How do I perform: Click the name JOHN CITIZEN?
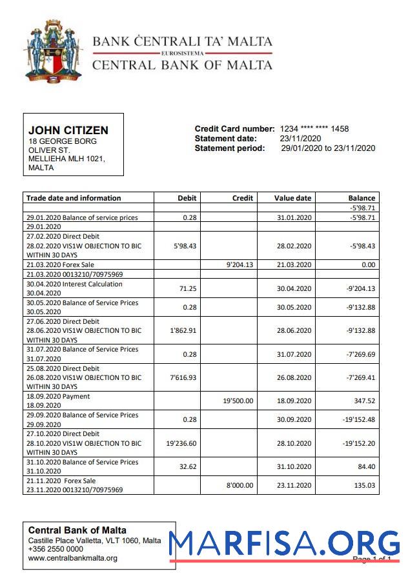tap(68, 131)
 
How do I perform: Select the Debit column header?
tap(187, 198)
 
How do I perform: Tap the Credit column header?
tap(243, 198)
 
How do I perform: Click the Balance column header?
tap(362, 198)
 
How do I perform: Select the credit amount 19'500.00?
tap(238, 401)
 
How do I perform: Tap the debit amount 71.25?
tap(187, 289)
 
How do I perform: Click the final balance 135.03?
tap(362, 485)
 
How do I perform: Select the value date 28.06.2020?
tap(294, 330)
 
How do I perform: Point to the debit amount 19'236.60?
tap(181, 443)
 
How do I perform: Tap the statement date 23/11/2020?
tap(300, 138)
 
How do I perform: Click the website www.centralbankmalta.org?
tap(72, 558)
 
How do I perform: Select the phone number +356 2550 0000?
tap(56, 549)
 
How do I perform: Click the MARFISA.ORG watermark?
tap(285, 544)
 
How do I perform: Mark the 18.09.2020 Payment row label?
tap(58, 396)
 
